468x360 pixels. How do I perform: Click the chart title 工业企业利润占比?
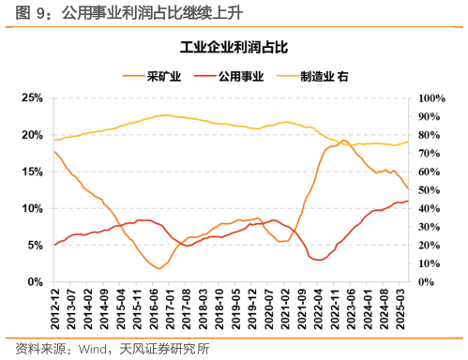(x=234, y=46)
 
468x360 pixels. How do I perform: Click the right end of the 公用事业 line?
(x=408, y=201)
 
